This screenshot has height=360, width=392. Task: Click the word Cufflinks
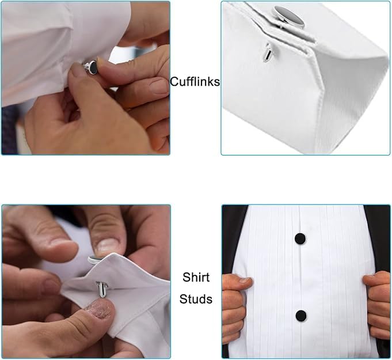[195, 82]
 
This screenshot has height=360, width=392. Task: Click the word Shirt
[196, 277]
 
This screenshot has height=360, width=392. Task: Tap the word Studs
[196, 299]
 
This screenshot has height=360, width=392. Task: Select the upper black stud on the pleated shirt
[300, 238]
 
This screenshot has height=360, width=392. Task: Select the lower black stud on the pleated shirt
[300, 315]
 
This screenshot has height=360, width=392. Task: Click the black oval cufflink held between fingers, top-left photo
[92, 67]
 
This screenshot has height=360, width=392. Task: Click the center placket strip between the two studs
[300, 276]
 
